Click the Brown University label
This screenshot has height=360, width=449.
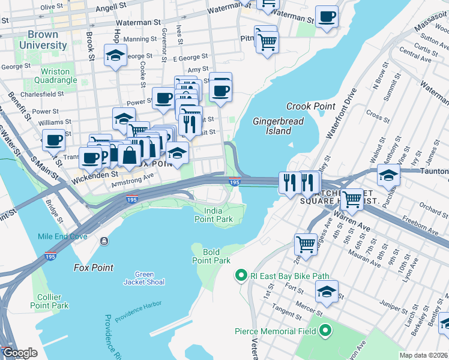pyautogui.click(x=43, y=40)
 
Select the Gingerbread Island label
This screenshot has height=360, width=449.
pyautogui.click(x=278, y=125)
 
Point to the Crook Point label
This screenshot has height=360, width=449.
pyautogui.click(x=310, y=106)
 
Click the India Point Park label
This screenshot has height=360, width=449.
pyautogui.click(x=218, y=215)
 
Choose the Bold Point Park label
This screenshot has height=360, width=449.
pyautogui.click(x=211, y=256)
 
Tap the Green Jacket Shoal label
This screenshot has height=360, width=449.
pyautogui.click(x=144, y=278)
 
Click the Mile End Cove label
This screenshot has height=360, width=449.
pyautogui.click(x=63, y=236)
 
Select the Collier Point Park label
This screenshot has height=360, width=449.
pyautogui.click(x=49, y=301)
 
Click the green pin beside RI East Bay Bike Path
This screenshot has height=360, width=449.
pyautogui.click(x=241, y=276)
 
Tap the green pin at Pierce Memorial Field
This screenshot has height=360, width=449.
pyautogui.click(x=325, y=330)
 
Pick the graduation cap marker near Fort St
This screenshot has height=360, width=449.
pyautogui.click(x=327, y=292)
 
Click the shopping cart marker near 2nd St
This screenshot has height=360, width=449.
pyautogui.click(x=306, y=244)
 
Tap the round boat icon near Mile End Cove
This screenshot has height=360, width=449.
pyautogui.click(x=104, y=241)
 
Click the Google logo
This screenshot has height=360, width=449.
pyautogui.click(x=19, y=352)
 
